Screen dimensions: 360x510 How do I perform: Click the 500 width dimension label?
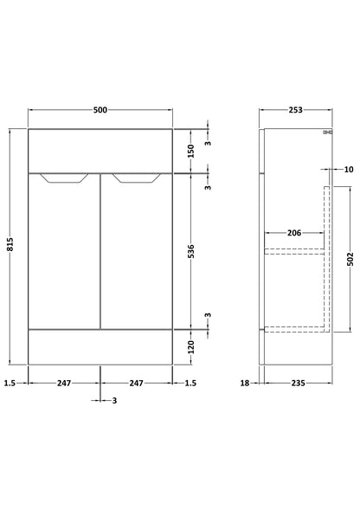coord(100,110)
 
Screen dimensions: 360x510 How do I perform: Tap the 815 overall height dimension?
coord(10,244)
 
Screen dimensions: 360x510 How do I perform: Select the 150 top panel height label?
coord(191,152)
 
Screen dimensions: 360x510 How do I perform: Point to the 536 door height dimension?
coord(191,251)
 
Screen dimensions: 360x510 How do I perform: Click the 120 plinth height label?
coord(191,347)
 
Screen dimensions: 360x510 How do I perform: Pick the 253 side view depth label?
coord(295,110)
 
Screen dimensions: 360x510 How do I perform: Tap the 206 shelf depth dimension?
coord(294,233)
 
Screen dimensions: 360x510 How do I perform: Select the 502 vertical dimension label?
coord(350,259)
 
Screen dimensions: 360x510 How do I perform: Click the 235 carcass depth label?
coord(298,384)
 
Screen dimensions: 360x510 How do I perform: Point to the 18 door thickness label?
coord(245,384)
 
